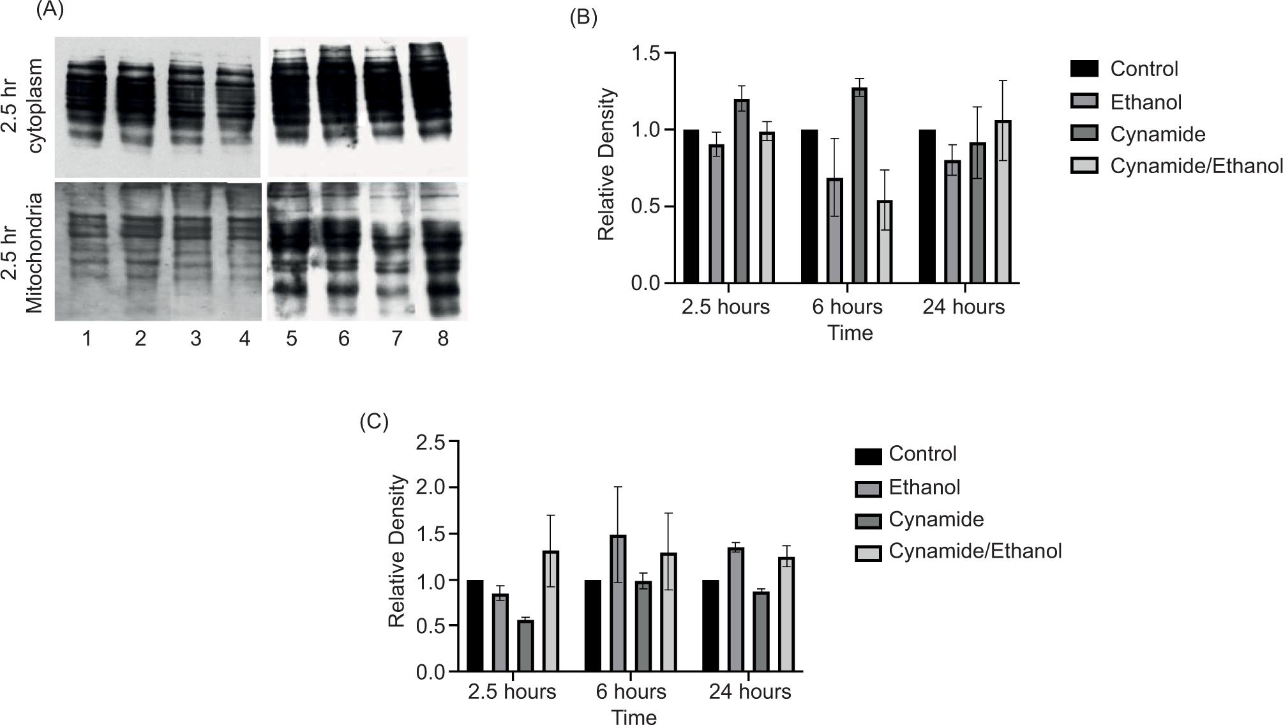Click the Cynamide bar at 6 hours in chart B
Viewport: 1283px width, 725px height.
coord(859,185)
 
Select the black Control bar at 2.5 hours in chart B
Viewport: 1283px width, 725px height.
coord(691,206)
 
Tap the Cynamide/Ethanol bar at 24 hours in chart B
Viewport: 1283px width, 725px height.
coord(1003,202)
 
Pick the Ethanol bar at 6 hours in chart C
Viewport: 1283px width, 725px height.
coord(618,604)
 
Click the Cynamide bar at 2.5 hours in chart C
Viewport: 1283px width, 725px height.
coord(525,646)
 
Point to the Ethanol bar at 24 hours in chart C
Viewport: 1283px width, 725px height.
coord(736,610)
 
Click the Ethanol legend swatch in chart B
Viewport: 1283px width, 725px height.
coord(1084,102)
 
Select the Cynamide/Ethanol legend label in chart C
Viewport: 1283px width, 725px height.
coord(975,551)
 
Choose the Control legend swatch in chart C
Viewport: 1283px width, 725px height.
coord(868,456)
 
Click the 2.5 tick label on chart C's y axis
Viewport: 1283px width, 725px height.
coord(431,442)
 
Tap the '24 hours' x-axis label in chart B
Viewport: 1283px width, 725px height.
coord(963,307)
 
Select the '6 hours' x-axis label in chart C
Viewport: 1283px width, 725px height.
coord(631,692)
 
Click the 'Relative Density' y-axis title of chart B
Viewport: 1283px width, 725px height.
coord(606,165)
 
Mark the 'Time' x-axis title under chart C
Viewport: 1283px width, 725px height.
coord(634,717)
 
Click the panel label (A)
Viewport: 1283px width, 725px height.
coord(50,10)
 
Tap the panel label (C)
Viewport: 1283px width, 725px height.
coord(374,422)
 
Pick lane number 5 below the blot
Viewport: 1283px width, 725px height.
coord(292,339)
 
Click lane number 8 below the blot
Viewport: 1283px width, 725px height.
coord(443,339)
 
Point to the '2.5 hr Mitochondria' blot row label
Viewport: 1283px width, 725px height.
coord(26,253)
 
